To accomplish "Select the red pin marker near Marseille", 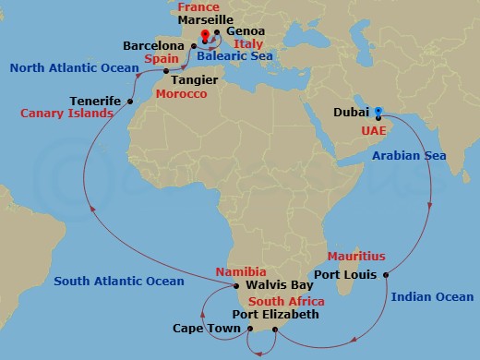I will tap(204, 38).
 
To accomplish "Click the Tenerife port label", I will tap(96, 101).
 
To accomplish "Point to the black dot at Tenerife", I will tap(130, 102).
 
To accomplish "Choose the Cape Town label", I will tap(202, 328).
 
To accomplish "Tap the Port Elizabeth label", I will tap(275, 315).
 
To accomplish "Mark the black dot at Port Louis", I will tap(385, 274).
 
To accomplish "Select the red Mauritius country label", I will tap(355, 256).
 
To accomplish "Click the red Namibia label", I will tap(240, 272).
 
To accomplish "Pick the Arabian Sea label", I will tap(409, 156).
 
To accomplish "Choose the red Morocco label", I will tap(180, 94).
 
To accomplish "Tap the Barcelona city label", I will tap(153, 44).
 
